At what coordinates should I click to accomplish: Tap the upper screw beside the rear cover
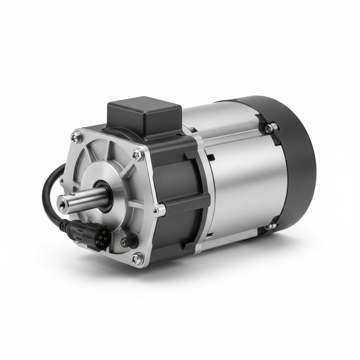pyautogui.click(x=270, y=128)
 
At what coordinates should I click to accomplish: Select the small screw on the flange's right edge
pyautogui.click(x=155, y=211)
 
